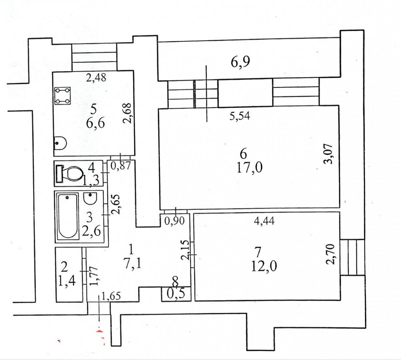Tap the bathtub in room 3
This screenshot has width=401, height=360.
coord(68,216)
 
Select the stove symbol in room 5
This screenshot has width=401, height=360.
coord(62,96)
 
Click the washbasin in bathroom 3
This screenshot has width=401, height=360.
coord(90,199)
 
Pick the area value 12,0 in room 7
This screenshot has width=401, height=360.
coord(264,266)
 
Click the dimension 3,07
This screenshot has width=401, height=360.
coord(332,154)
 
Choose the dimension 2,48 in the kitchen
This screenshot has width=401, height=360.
coord(96,78)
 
